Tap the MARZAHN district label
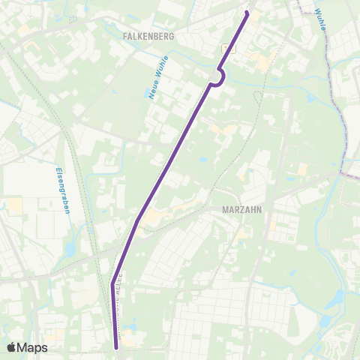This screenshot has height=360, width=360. tap(242, 211)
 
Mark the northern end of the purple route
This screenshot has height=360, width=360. tap(247, 12)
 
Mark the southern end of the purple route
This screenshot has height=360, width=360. tap(117, 347)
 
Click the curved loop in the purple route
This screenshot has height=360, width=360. tap(221, 77)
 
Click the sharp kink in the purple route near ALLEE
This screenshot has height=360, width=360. tap(112, 284)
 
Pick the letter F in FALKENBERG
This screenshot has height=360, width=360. tap(124, 35)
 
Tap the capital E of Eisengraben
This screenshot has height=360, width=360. tap(58, 169)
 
